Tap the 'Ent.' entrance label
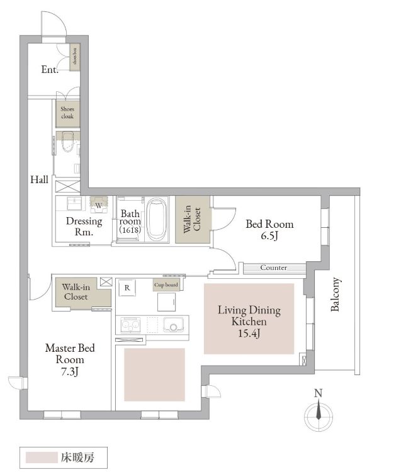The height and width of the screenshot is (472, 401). click(x=50, y=69)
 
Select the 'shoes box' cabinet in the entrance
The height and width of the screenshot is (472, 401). click(x=75, y=57)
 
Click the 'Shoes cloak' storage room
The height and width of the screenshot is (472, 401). click(x=67, y=113)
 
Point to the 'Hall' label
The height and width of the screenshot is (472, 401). click(x=39, y=180)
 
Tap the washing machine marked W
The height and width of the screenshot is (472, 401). click(x=99, y=205)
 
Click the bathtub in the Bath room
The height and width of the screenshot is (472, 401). click(x=157, y=219)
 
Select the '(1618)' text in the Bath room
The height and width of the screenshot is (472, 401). click(x=130, y=230)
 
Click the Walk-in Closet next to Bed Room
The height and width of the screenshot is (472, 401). click(x=193, y=220)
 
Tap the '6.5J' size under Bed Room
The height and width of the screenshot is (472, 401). click(x=269, y=235)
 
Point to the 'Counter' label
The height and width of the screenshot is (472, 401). click(x=273, y=267)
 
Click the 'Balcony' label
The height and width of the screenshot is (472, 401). click(x=335, y=294)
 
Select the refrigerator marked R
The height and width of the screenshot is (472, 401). click(x=127, y=288)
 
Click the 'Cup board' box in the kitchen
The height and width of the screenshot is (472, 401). click(x=166, y=284)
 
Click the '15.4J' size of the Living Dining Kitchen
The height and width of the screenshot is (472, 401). click(x=249, y=333)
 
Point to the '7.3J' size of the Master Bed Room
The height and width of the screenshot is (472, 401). click(x=70, y=372)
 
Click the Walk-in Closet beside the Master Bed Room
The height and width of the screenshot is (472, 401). click(x=81, y=293)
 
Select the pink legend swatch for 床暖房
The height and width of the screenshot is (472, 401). click(x=42, y=458)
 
